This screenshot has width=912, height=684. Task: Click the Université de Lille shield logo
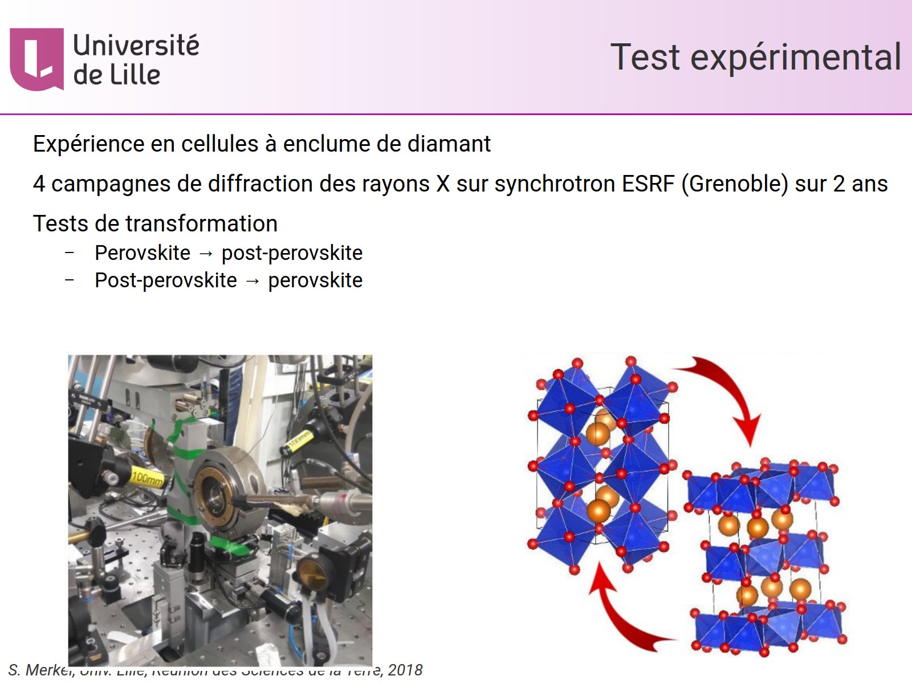[x=36, y=59]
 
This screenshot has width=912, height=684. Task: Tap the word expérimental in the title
[x=796, y=58]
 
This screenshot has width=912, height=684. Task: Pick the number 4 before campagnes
[x=39, y=184]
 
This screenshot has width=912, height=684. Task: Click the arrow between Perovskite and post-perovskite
[x=206, y=254]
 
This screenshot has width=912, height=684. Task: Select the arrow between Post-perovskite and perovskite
[x=252, y=281]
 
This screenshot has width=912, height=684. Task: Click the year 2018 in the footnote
[x=405, y=670]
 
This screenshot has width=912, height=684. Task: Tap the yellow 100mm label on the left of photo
[x=147, y=477]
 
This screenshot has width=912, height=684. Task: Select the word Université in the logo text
[x=136, y=46]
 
